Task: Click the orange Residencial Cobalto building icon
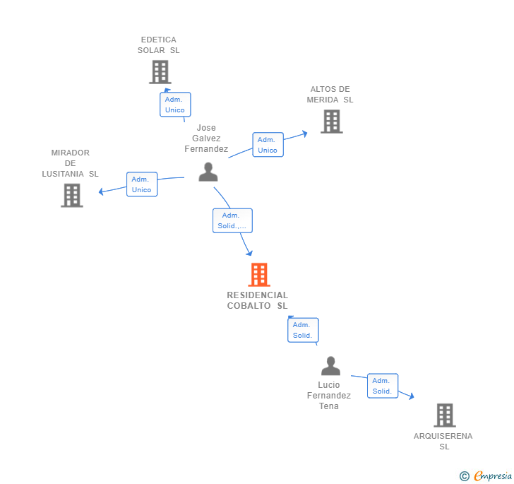pos(259,275)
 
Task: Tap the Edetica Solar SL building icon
pos(160,72)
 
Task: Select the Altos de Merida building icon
pos(331,122)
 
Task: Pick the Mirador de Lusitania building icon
pos(72,195)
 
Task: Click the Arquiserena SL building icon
pos(444,415)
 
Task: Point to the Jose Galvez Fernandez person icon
pos(208,172)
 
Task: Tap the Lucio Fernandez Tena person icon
pos(330,366)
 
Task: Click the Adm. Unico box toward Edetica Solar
pos(175,105)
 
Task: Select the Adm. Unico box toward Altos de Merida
pos(268,145)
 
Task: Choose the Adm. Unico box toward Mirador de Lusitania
pos(142,184)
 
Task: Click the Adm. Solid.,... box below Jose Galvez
pos(232,220)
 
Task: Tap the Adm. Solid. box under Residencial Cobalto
pos(303,330)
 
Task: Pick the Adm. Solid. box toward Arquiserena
pos(383,386)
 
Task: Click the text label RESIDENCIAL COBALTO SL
pos(258,300)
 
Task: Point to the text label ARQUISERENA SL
pos(443,441)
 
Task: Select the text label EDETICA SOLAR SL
pos(159,45)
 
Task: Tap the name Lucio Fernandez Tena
pos(329,396)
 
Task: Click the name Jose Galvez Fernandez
pos(206,138)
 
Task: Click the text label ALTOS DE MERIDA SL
pos(330,95)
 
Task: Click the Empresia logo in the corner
pos(486,476)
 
